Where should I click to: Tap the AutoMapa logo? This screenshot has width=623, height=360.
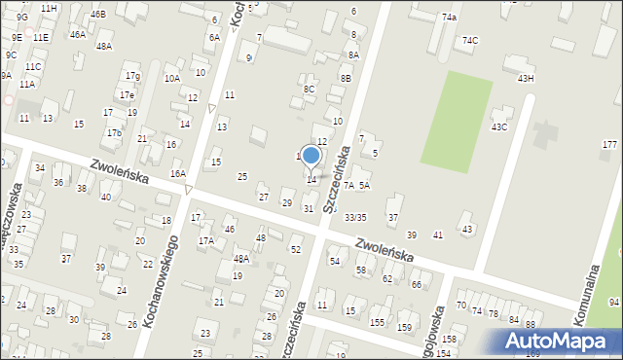(x=558, y=341)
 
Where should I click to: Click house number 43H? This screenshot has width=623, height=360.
(x=526, y=78)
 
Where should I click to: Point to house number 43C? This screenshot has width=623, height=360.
(x=499, y=126)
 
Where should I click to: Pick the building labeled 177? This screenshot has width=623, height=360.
(x=609, y=144)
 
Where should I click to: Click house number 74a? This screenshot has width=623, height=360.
(x=449, y=18)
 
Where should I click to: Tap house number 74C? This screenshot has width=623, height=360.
(x=470, y=40)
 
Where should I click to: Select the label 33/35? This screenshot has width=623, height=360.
(x=355, y=217)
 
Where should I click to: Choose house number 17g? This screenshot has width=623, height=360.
(x=132, y=76)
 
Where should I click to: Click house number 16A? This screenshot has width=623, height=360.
(x=178, y=173)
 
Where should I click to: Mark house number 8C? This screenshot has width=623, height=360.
(x=309, y=89)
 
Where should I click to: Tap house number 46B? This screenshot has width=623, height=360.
(x=98, y=15)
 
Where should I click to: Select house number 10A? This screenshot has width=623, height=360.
(x=172, y=78)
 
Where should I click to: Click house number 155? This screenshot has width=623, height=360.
(x=377, y=321)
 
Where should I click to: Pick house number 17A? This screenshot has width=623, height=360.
(x=206, y=240)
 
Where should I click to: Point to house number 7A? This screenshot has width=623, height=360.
(x=348, y=184)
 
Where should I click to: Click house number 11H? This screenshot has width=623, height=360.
(x=49, y=8)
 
